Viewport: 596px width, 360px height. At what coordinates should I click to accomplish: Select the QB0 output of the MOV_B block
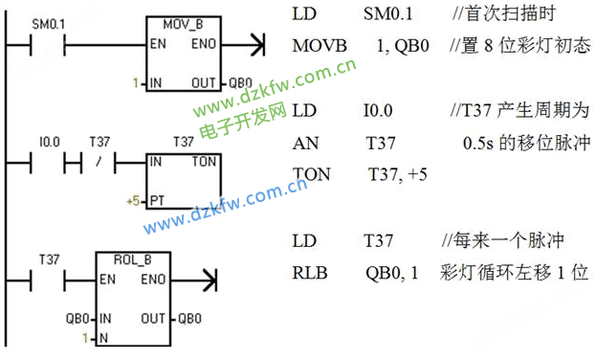coord(243,84)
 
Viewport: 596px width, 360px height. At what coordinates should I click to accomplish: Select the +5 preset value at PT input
coord(133,202)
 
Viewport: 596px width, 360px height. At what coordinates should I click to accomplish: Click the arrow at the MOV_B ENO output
coord(254,44)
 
